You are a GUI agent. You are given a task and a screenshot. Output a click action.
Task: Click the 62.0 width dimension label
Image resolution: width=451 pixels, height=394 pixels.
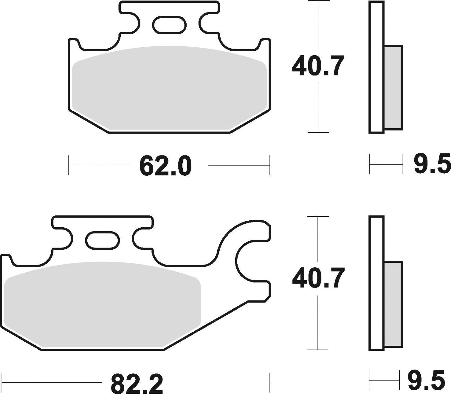pos(165,166)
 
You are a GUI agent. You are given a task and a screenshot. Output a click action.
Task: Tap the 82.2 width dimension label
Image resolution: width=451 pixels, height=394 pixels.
pos(137,384)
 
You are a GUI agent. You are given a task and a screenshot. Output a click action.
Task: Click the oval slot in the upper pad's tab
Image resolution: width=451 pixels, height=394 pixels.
pos(169,25)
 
